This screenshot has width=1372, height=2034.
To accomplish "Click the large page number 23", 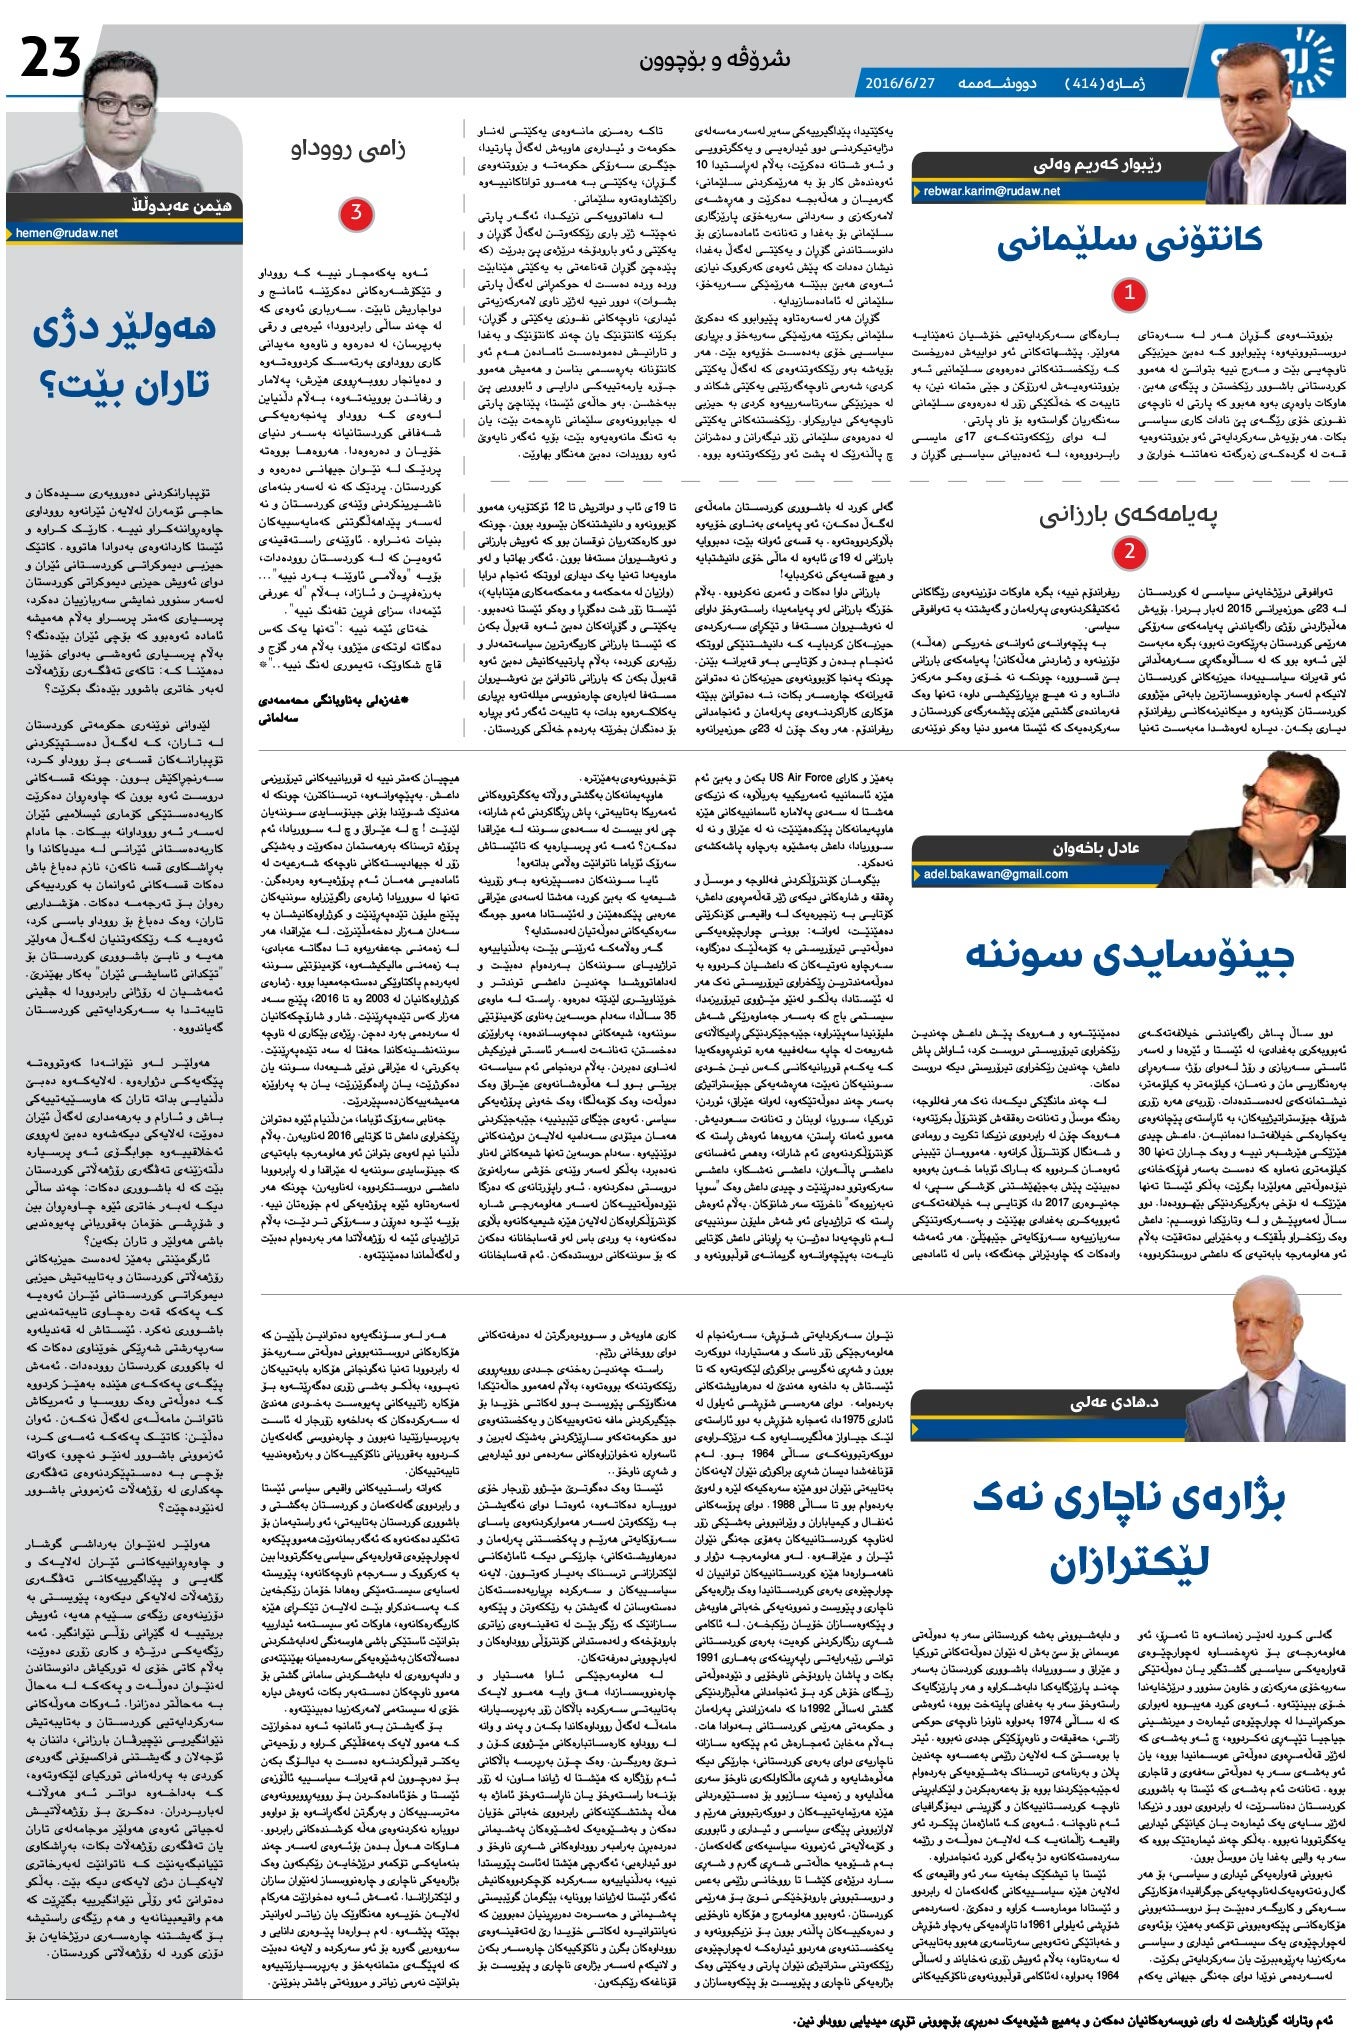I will point(51,59).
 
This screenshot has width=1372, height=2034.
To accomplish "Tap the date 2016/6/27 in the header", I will point(899,83).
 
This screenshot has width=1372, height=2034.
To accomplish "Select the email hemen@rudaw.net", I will point(68,233).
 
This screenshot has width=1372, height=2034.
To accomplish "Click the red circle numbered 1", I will point(1130,294).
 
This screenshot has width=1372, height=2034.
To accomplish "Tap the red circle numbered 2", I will point(1130,551).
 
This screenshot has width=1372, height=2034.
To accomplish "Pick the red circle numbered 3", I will point(355,213).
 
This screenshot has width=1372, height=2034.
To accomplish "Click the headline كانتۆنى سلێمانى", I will point(1129,241).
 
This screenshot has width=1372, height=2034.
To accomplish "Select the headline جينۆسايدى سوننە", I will point(1130,954).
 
